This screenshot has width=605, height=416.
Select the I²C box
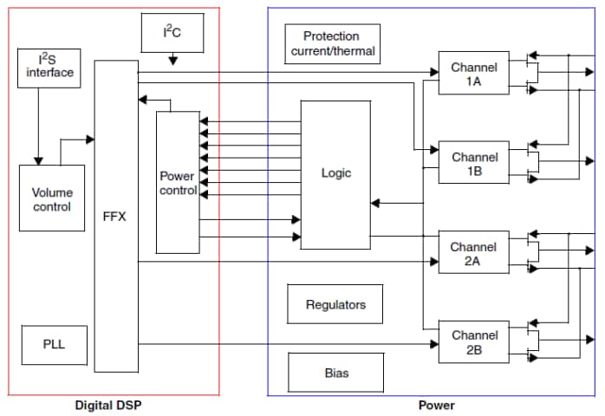(172, 33)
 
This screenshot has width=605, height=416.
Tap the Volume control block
(52, 198)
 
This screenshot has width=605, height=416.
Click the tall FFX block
(115, 216)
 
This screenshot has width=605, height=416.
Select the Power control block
(178, 182)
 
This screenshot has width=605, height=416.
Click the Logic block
(335, 173)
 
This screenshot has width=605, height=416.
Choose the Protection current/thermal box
(332, 43)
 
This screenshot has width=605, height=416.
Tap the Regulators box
(335, 304)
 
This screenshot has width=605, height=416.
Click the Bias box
(335, 373)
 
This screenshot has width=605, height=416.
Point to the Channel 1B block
(473, 164)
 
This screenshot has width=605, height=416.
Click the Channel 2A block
(473, 254)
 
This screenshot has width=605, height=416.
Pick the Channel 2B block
(473, 342)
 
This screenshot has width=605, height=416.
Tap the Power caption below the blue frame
(436, 405)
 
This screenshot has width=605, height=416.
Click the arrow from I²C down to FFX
(172, 59)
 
